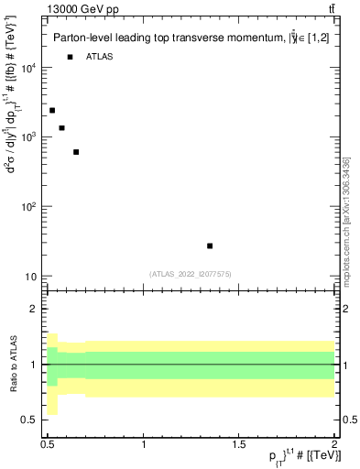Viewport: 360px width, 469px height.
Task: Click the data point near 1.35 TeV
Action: [210, 245]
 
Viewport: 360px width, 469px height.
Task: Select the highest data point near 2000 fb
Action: [52, 111]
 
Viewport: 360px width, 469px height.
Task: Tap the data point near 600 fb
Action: [76, 152]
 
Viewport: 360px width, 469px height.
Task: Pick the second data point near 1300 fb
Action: [61, 128]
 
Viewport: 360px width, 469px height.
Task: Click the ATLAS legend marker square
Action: [70, 57]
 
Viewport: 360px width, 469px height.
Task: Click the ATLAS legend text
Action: [100, 57]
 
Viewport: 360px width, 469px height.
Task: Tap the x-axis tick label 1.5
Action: [239, 444]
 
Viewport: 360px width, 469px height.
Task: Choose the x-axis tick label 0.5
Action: [48, 444]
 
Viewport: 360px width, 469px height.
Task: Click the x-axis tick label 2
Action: [334, 444]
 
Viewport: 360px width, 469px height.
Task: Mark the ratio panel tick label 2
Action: [34, 310]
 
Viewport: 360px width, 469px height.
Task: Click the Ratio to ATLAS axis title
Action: [12, 364]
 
